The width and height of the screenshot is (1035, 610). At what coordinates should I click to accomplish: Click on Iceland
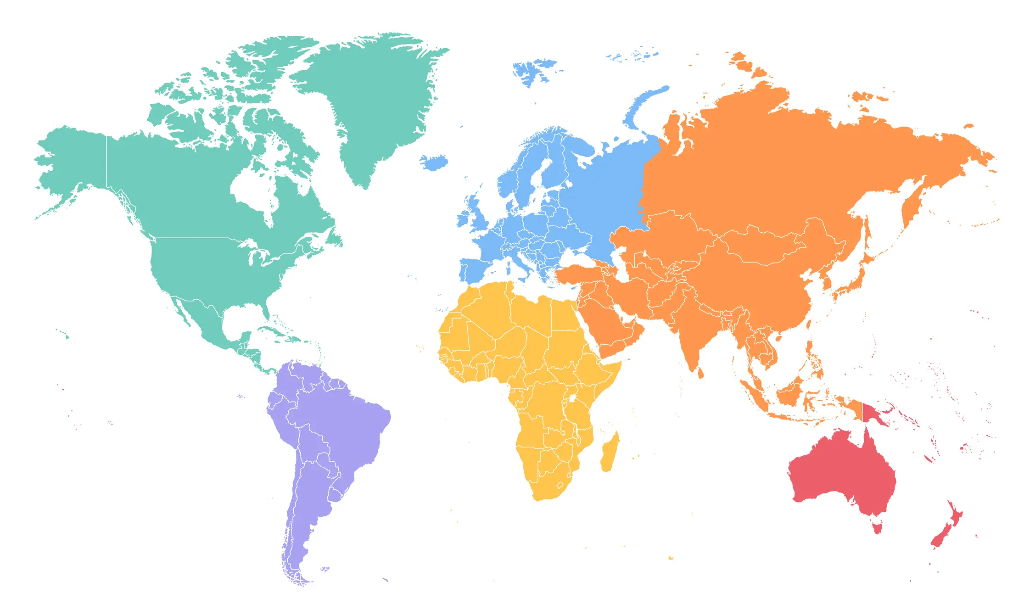pos(434,162)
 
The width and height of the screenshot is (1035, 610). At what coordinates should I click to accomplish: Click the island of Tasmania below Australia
pos(877,527)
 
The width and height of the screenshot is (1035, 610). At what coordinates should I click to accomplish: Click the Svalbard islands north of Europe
pos(532,71)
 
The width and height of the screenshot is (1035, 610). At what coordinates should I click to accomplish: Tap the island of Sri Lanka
pos(700,373)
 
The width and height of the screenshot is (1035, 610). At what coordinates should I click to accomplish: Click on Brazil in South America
pos(344,422)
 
